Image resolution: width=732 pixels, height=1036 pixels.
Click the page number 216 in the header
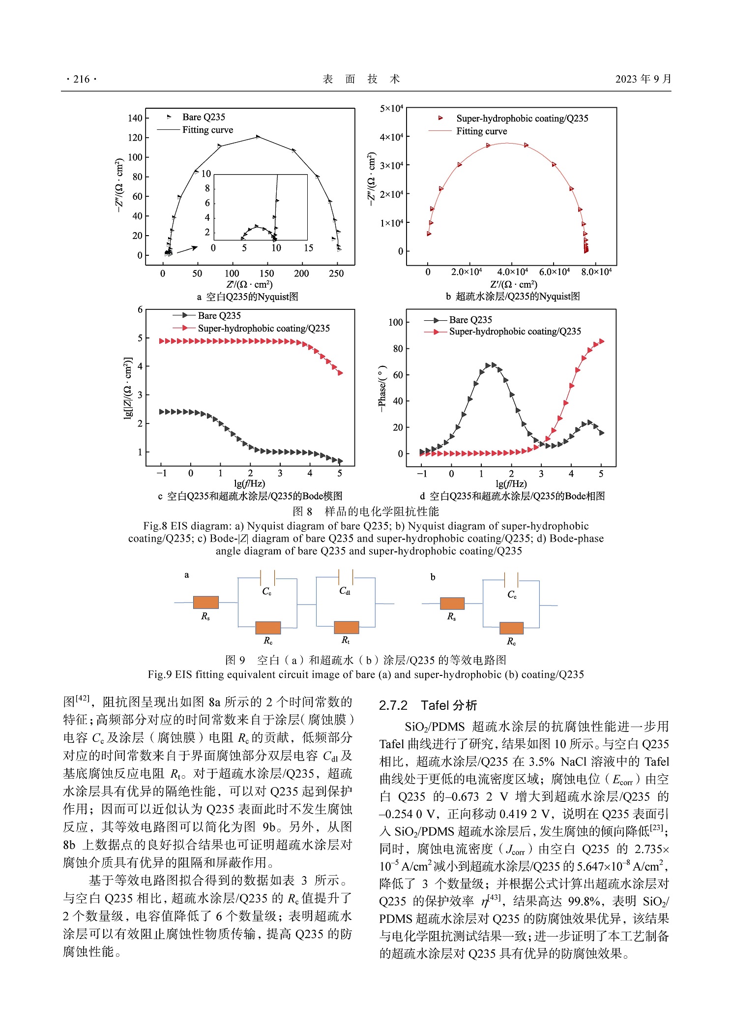[82, 79]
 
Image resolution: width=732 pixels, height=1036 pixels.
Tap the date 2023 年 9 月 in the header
[643, 79]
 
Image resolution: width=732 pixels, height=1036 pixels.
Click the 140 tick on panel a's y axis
[135, 118]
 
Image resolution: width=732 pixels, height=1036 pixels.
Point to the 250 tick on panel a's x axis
[336, 274]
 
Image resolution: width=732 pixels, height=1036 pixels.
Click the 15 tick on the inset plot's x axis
[308, 248]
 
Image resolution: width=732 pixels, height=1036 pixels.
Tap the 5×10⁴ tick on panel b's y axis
[391, 108]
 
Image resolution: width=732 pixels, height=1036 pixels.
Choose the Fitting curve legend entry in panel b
[481, 131]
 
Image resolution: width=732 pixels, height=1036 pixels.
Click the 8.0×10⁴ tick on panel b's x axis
[596, 272]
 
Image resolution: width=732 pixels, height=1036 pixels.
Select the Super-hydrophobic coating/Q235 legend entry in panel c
[264, 328]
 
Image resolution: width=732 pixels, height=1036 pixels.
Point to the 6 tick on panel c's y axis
[140, 309]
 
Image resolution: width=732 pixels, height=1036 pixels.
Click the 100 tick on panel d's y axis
[395, 322]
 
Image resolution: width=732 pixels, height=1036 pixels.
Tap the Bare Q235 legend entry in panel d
[470, 320]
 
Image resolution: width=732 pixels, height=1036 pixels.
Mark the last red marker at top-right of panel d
[601, 341]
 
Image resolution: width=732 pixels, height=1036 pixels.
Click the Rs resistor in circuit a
[205, 602]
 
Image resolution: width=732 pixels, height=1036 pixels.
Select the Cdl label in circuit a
[345, 591]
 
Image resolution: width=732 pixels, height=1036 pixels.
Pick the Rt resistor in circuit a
[346, 627]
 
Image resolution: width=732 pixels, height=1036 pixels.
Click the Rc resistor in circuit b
[511, 628]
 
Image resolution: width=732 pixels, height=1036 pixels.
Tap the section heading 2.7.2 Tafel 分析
[428, 705]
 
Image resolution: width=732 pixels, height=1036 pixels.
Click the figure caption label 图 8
[302, 512]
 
